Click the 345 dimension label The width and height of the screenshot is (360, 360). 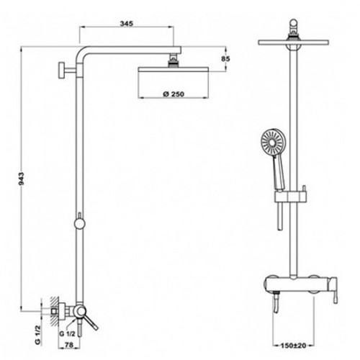click(126, 24)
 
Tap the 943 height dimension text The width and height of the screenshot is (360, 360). click(22, 179)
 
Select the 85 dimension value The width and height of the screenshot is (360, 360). click(225, 58)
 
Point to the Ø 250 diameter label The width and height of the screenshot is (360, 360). click(174, 94)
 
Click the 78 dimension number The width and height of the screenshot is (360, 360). click(69, 345)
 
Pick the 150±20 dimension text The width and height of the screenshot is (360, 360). click(294, 346)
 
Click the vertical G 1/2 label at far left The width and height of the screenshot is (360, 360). click(38, 335)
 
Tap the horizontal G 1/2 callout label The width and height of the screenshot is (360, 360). click(67, 333)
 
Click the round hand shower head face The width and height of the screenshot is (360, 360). click(273, 143)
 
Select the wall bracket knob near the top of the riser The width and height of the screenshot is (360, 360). click(62, 70)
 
